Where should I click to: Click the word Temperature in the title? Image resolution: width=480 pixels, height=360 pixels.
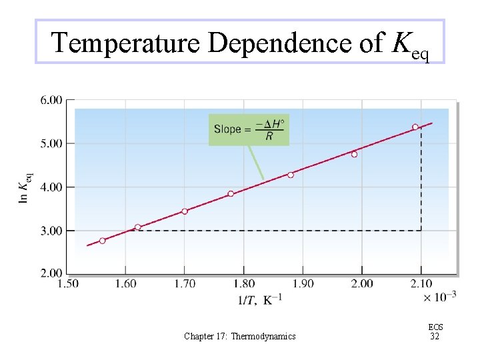tap(126, 43)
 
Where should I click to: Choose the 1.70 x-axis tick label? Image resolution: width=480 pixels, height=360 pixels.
tap(185, 284)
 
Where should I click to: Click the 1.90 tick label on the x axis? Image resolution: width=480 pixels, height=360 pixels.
tap(303, 284)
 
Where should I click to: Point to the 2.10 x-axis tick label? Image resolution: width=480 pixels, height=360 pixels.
tap(420, 284)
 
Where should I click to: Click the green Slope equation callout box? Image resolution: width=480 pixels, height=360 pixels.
tap(249, 129)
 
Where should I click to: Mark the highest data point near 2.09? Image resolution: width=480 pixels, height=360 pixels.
tap(415, 127)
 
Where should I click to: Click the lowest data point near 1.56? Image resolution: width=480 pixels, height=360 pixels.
tap(103, 241)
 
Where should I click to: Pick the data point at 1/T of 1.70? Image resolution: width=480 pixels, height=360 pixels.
tap(185, 211)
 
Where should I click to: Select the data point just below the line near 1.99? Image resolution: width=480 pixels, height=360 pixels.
tap(354, 155)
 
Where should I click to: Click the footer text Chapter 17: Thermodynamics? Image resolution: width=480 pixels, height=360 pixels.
tap(240, 337)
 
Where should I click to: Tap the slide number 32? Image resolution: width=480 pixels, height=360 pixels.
tap(435, 337)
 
